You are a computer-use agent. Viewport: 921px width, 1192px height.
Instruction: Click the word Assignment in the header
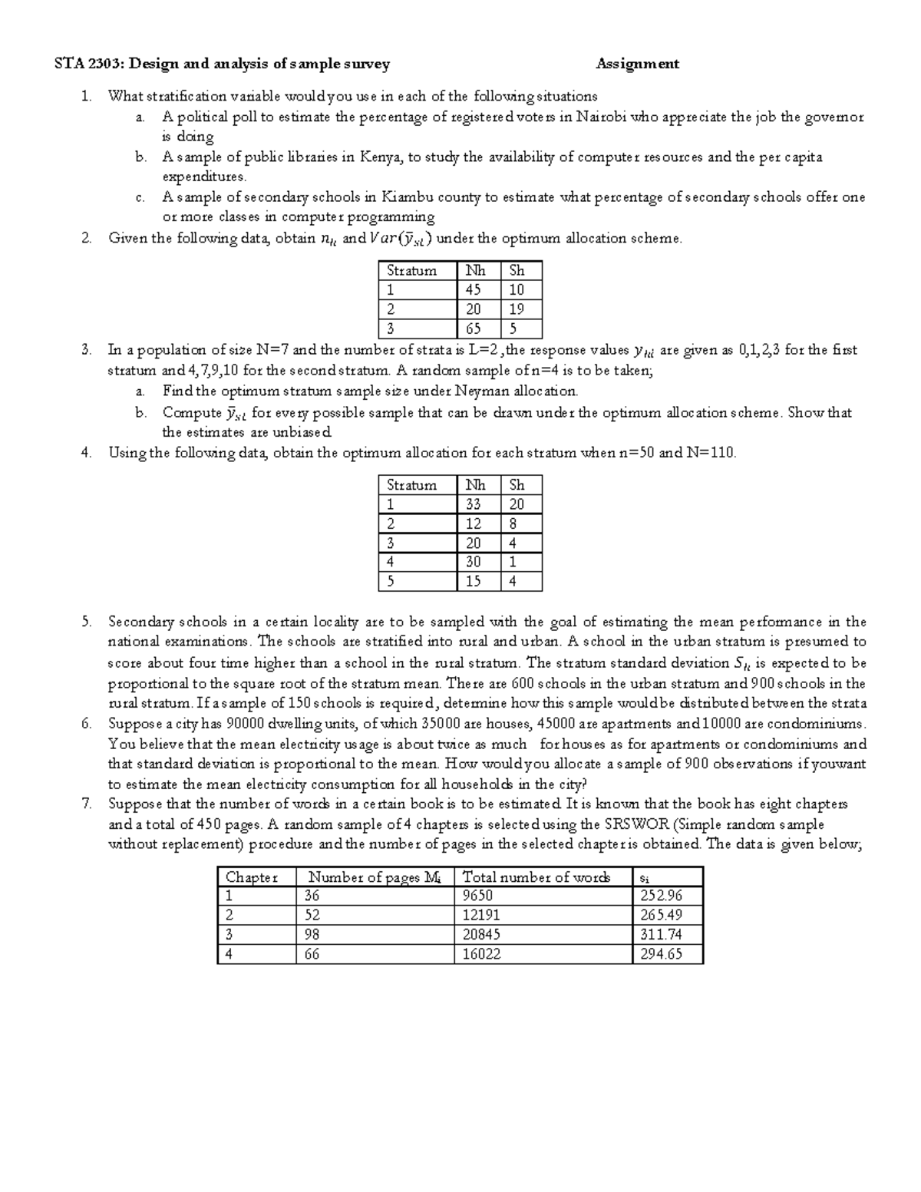click(637, 64)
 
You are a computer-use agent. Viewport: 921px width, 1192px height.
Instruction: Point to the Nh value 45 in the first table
click(474, 289)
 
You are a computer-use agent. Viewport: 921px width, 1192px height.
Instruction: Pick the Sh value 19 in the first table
click(517, 309)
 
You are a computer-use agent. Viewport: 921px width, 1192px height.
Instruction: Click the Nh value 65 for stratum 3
click(474, 329)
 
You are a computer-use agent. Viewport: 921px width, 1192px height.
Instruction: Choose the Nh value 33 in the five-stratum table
click(474, 504)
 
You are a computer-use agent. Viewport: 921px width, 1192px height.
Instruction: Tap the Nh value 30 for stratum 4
click(474, 562)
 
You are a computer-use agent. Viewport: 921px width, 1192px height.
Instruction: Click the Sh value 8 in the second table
click(513, 523)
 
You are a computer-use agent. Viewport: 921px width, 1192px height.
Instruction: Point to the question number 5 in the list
click(86, 622)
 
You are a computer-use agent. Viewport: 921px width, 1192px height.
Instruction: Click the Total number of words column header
click(536, 877)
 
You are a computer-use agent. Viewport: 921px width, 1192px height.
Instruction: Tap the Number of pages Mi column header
click(374, 877)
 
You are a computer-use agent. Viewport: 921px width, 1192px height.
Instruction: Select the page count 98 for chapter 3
click(312, 934)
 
